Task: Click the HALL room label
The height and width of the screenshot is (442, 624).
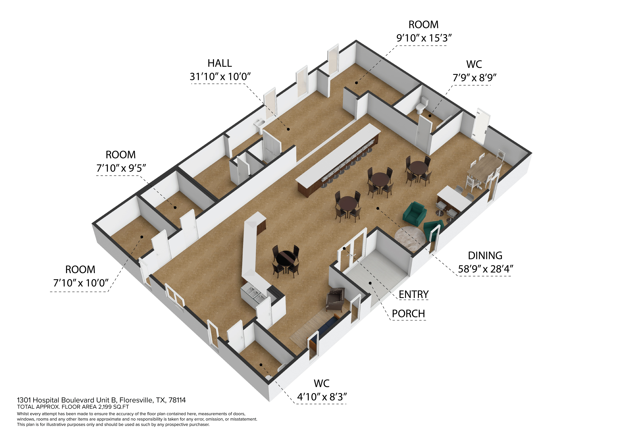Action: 220,63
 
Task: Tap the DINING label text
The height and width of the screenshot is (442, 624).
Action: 485,256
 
